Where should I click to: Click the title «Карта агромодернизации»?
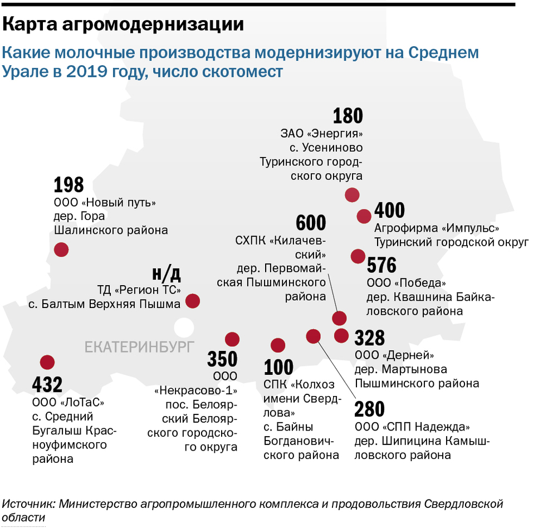124,25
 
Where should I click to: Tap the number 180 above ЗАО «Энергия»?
348,116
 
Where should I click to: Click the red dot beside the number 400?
364,216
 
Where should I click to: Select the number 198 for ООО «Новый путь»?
69,185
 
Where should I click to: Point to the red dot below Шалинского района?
61,250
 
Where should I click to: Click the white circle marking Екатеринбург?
182,326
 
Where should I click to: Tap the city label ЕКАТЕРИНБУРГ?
139,347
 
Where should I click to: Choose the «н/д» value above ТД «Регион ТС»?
167,273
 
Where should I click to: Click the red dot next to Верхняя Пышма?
192,301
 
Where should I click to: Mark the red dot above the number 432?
47,363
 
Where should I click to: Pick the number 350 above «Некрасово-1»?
222,359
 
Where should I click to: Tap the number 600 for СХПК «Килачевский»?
311,223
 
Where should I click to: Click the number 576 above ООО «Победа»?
382,265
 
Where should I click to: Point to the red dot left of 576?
358,256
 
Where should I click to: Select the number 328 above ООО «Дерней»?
370,338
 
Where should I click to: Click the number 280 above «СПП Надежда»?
370,409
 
